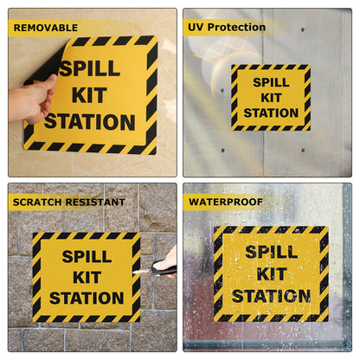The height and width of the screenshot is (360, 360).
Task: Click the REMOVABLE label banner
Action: [x=45, y=27]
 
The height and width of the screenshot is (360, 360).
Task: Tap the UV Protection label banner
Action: [x=227, y=27]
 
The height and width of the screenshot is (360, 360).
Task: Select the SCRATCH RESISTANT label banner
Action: [x=68, y=202]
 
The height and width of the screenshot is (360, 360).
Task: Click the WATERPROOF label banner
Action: [x=225, y=202]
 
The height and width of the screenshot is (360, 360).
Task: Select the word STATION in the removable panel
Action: [x=89, y=121]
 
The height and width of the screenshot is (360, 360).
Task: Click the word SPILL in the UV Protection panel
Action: [x=271, y=83]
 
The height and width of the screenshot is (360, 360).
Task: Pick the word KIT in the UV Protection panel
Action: [x=271, y=98]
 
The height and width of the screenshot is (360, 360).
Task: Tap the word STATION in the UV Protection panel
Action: [x=271, y=112]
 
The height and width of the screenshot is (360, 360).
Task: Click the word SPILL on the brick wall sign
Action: [x=86, y=256]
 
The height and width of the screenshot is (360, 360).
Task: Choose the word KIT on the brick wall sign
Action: [x=86, y=277]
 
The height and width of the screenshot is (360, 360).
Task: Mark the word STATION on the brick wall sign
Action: [x=86, y=299]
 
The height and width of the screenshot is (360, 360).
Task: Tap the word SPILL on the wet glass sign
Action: [x=271, y=253]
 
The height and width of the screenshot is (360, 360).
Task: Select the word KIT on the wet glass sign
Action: [x=271, y=274]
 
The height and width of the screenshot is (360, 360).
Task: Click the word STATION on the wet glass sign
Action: [x=271, y=297]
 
